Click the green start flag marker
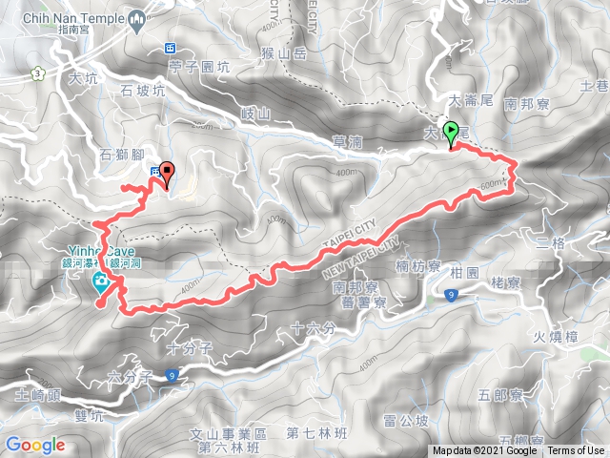pyautogui.click(x=451, y=135)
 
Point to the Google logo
pyautogui.click(x=34, y=445)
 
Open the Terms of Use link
pyautogui.click(x=575, y=451)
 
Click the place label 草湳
pyautogui.click(x=347, y=141)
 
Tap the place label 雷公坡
pyautogui.click(x=404, y=418)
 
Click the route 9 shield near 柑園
pyautogui.click(x=448, y=298)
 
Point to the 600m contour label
pyautogui.click(x=491, y=184)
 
